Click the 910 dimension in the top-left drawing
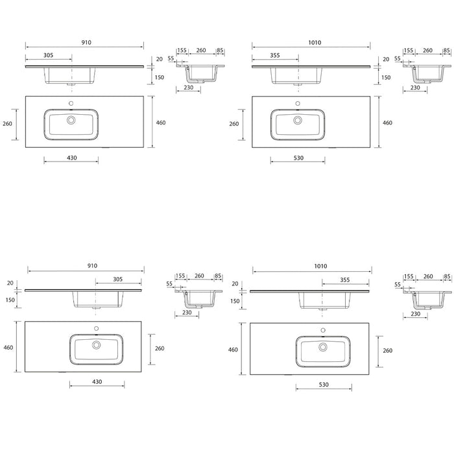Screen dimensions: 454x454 [x=86, y=43]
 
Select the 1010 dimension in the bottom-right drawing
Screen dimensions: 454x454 [x=320, y=266]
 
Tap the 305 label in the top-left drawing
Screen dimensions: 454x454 [x=49, y=55]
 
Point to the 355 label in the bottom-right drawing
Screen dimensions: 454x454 [x=345, y=280]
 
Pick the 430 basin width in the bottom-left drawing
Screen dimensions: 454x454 [x=97, y=381]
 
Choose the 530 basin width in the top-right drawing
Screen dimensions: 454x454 [x=298, y=158]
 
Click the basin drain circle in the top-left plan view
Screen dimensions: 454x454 [x=71, y=120]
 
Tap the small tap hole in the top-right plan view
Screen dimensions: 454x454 [x=298, y=103]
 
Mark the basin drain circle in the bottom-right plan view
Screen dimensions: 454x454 [x=323, y=347]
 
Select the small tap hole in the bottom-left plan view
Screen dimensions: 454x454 [x=97, y=328]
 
